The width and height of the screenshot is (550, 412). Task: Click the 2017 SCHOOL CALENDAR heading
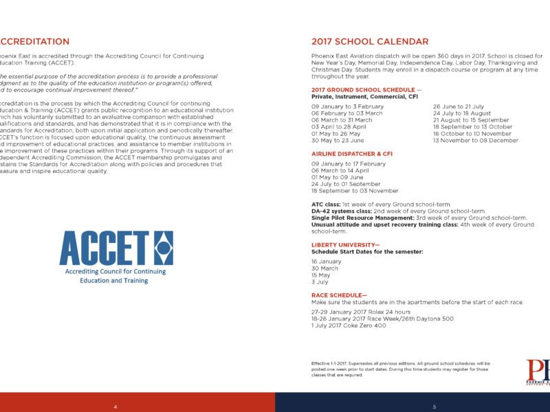tap(370, 42)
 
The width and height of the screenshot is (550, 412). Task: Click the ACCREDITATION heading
tap(34, 42)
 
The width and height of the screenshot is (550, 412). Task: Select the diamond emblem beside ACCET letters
tap(162, 248)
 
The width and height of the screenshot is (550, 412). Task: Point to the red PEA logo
tap(538, 370)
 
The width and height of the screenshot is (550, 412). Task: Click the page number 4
tap(115, 407)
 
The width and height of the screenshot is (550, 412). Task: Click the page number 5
tap(434, 407)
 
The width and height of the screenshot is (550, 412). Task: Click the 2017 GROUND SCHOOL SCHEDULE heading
tap(365, 91)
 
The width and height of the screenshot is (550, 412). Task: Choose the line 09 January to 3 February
tap(347, 107)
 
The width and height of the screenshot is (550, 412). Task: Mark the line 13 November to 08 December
tap(475, 140)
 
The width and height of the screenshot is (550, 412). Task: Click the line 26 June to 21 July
tap(459, 107)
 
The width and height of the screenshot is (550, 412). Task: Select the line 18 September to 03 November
tap(355, 191)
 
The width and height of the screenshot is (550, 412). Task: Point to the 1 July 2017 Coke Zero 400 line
tap(348, 325)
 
